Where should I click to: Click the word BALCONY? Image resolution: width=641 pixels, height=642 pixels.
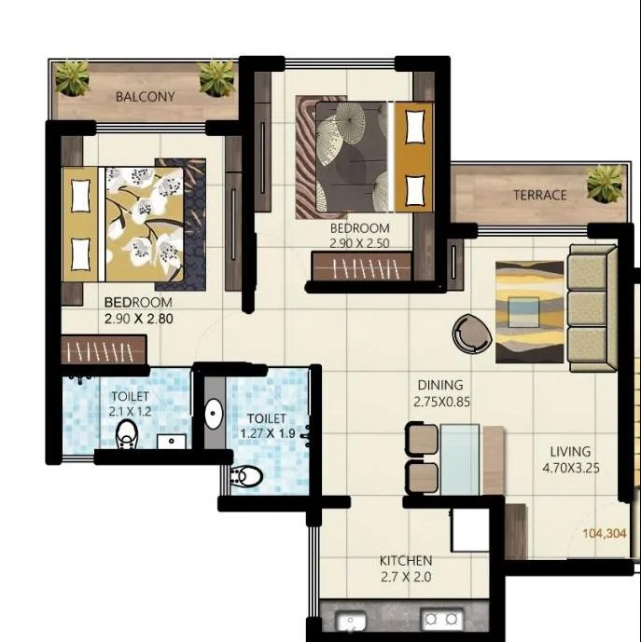pyautogui.click(x=145, y=96)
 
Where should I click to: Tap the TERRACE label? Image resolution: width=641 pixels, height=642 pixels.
pyautogui.click(x=539, y=195)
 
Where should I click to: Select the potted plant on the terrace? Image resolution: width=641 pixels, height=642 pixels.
pyautogui.click(x=605, y=183)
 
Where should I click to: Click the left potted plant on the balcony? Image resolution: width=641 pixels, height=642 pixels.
pyautogui.click(x=72, y=77)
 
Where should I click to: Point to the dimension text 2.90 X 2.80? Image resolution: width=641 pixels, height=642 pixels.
pyautogui.click(x=139, y=318)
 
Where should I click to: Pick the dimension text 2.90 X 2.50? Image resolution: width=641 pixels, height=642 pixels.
pyautogui.click(x=359, y=243)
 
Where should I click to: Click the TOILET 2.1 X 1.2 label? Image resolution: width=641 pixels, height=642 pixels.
pyautogui.click(x=130, y=403)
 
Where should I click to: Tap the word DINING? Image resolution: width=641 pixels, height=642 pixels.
pyautogui.click(x=439, y=385)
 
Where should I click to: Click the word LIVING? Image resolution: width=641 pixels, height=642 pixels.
pyautogui.click(x=570, y=452)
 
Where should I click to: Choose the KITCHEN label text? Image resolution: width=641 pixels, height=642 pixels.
pyautogui.click(x=405, y=560)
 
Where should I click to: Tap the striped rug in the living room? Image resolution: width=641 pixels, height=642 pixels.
pyautogui.click(x=529, y=311)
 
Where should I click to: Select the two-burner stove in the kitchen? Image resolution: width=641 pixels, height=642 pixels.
pyautogui.click(x=440, y=619)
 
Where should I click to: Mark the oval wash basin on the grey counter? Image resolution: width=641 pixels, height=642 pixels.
pyautogui.click(x=212, y=413)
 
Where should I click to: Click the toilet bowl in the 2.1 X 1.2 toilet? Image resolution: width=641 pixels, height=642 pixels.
pyautogui.click(x=127, y=435)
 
